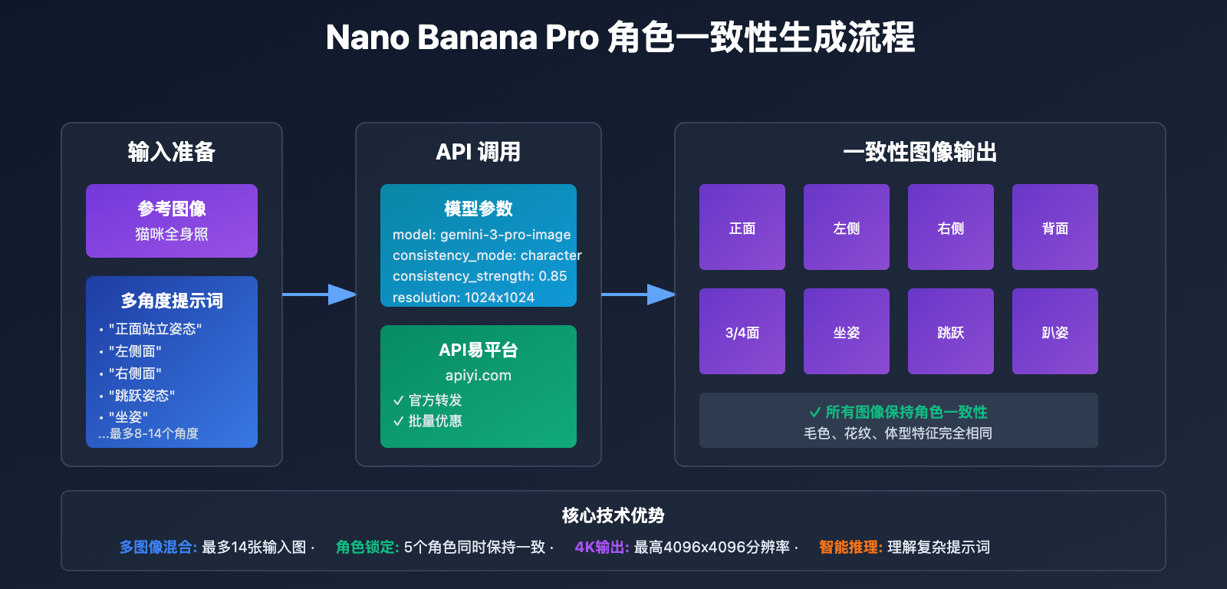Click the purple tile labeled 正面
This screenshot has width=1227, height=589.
point(742,227)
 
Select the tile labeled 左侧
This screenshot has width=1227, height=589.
point(846,227)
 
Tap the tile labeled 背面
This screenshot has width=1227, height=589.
point(1054,227)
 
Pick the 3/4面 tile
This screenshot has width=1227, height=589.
point(742,331)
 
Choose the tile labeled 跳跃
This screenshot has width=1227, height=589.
point(950,331)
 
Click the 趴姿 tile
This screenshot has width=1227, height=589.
point(1054,331)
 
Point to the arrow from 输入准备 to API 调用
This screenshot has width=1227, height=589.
point(318,294)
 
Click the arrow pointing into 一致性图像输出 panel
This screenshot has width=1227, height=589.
point(637,294)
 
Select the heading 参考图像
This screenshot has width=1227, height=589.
point(172,209)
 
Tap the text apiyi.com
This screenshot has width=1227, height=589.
point(478,375)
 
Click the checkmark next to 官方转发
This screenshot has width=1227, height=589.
point(398,400)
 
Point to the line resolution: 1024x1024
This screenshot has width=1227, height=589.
point(463,297)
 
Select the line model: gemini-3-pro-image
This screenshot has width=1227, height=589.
point(482,235)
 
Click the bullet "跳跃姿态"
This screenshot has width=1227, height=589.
point(142,396)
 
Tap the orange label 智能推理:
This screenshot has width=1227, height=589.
point(850,547)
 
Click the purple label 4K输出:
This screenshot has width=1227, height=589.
point(601,547)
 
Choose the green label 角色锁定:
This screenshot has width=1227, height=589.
point(367,547)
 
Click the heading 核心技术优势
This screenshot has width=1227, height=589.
point(613,515)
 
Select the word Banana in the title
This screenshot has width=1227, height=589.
point(477,38)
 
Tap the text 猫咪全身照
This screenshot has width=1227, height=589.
point(172,234)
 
